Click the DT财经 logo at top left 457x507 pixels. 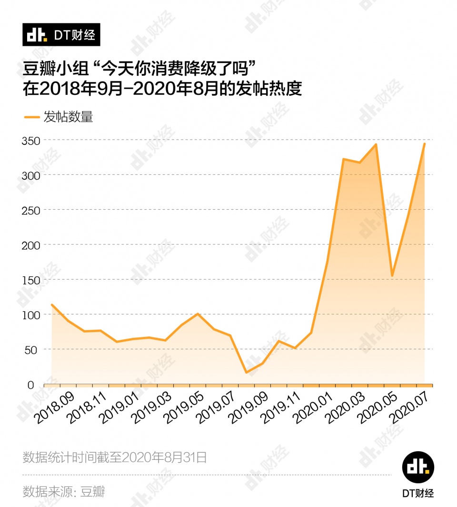point(61,34)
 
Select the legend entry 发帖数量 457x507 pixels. point(58,116)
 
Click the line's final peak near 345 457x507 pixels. point(424,143)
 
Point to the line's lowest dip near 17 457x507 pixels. point(246,372)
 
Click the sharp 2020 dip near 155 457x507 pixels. point(392,276)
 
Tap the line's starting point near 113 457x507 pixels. point(51,304)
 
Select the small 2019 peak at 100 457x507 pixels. point(198,314)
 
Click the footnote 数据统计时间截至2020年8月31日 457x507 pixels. point(115,457)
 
